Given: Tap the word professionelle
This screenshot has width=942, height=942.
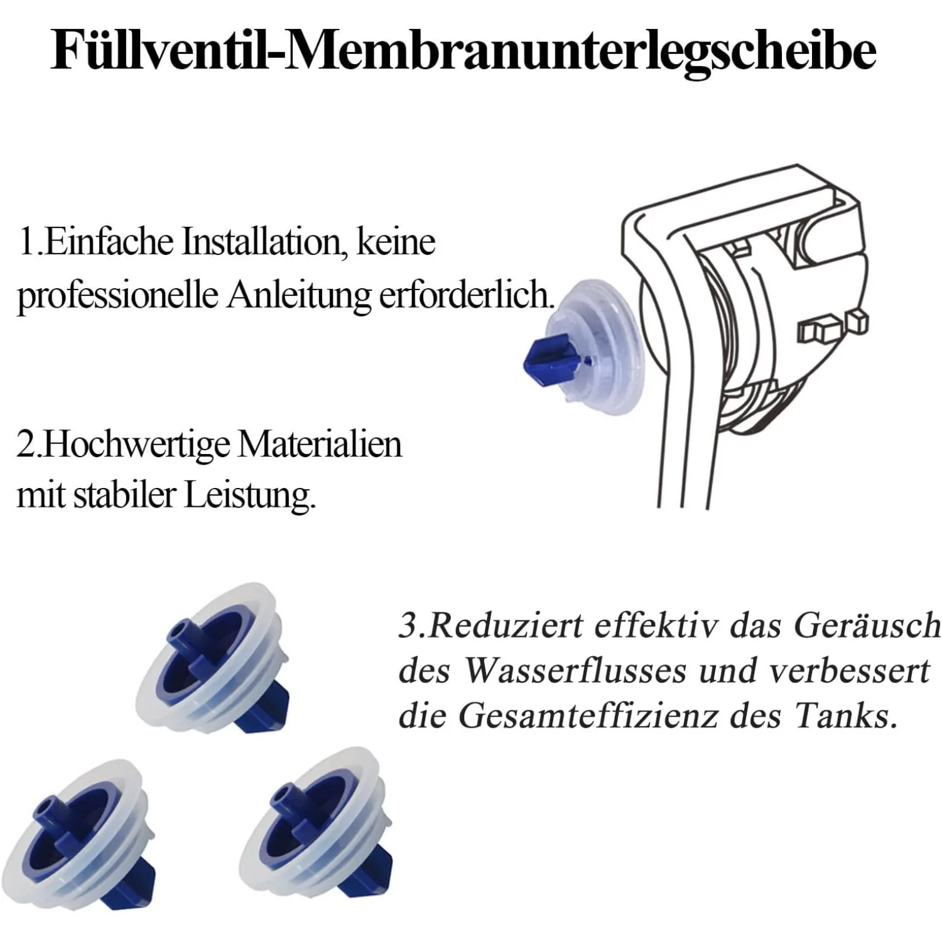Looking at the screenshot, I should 117,295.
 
